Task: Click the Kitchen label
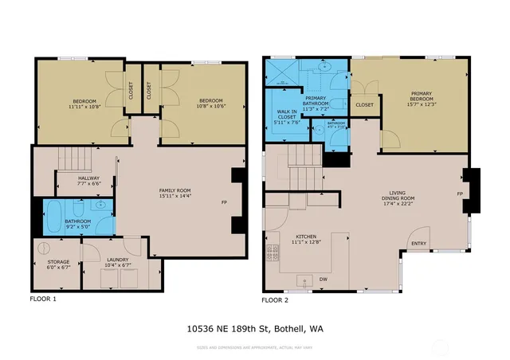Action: [x=306, y=237]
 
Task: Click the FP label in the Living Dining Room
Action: [x=460, y=194]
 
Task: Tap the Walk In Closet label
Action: [x=286, y=114]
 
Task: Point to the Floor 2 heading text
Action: [x=276, y=300]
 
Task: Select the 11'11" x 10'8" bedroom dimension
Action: [x=84, y=108]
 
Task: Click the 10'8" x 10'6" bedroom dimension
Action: [x=211, y=108]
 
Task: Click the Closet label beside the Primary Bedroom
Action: [x=364, y=104]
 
